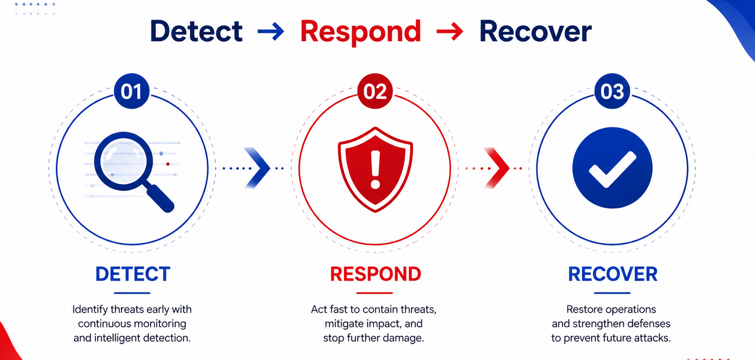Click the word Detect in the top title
(196, 31)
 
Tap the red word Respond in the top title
(361, 33)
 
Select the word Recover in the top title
(535, 31)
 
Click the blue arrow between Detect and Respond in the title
(270, 31)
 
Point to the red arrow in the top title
(450, 31)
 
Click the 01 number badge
(132, 91)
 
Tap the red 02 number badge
(375, 91)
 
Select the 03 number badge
(612, 91)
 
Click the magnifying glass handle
(160, 198)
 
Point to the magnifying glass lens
(124, 161)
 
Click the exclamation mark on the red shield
(375, 169)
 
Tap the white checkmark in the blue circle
(612, 169)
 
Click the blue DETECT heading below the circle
(133, 274)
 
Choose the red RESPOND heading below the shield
(376, 274)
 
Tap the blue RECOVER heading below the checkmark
(613, 274)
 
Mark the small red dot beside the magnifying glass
(168, 164)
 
